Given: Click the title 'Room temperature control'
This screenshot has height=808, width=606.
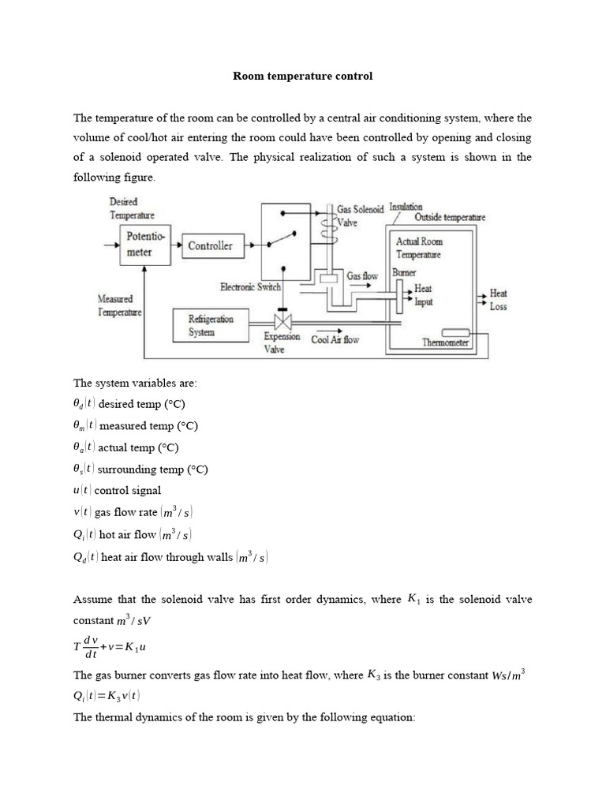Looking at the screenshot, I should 302,77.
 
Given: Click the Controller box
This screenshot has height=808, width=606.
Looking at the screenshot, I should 210,245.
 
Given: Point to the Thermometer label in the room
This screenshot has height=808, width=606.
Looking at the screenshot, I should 445,342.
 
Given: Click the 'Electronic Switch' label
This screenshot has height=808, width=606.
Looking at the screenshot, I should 250,287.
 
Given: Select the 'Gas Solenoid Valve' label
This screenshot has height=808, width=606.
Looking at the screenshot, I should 360,215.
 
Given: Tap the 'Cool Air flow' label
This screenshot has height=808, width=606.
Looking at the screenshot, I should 335,339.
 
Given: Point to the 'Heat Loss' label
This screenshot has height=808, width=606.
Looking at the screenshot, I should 498,300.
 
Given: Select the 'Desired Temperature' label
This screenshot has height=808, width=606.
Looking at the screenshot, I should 131,208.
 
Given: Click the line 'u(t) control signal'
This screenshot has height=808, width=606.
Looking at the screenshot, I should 117,490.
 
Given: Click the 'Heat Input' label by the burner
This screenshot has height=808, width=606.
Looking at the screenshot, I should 423,295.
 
